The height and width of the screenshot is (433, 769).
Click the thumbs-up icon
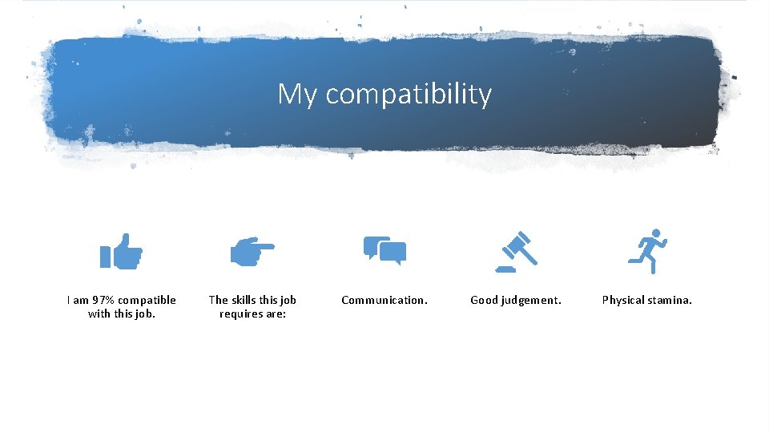coord(121,252)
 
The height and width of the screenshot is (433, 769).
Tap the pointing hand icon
coord(252,252)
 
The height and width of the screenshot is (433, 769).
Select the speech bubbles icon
coord(384,251)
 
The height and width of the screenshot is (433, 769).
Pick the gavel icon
coord(517,249)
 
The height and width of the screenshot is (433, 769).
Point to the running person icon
coord(647,250)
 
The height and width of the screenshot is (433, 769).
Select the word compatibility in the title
coord(409,95)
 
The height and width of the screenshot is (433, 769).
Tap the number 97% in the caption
coord(104,300)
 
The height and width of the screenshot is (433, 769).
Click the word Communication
coord(384,300)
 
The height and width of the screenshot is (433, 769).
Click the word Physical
coord(623,300)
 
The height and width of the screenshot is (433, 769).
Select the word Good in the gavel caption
coord(484,300)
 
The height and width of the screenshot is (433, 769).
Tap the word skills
coord(244,300)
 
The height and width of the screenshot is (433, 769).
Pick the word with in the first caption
coord(99,314)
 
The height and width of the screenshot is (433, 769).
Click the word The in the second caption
coord(218,300)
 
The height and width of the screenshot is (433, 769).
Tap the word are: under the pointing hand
coord(276,314)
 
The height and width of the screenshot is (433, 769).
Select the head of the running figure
coord(656,233)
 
